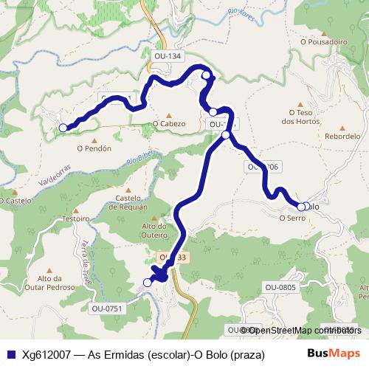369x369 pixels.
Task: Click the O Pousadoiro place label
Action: (323, 42)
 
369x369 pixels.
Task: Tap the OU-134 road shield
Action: (168, 56)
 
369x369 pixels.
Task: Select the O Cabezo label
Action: (169, 124)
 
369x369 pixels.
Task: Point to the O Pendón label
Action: (94, 148)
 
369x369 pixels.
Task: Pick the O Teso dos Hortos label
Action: (298, 117)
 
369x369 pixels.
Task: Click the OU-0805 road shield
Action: (280, 288)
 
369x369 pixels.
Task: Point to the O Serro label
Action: (292, 218)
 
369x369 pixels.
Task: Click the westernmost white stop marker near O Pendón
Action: (63, 128)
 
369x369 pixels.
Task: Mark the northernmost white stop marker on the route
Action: (207, 74)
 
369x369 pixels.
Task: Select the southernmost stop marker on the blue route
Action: (148, 282)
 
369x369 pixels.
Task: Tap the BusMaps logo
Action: (334, 354)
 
